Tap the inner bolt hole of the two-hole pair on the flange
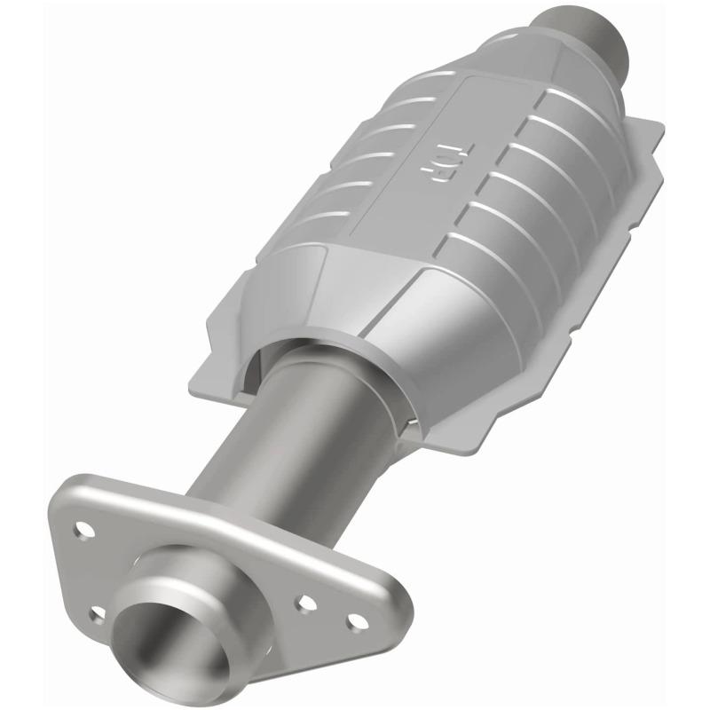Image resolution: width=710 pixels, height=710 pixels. pyautogui.click(x=307, y=603)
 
